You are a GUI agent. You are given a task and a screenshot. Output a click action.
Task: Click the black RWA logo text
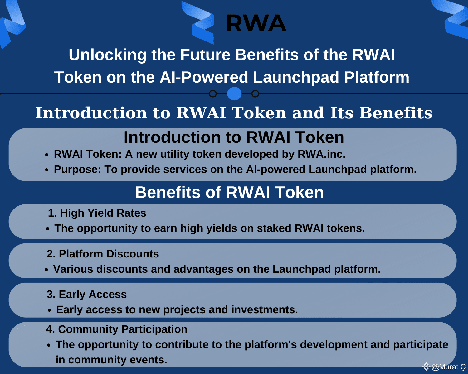point(256,23)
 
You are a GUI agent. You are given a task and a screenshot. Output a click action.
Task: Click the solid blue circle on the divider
point(234,94)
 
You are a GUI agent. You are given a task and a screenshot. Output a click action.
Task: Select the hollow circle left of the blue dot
point(213,94)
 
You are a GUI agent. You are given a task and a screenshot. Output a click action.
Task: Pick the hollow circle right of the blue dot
point(255,94)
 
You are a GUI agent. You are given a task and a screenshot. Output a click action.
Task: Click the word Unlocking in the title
point(107,55)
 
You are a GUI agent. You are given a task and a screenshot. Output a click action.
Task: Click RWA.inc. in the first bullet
point(321,154)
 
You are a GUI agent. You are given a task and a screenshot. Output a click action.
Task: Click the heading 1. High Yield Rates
point(97,213)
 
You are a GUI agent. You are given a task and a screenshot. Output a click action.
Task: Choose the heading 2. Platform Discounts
point(103,254)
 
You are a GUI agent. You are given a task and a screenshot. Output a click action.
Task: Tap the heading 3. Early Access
point(86,295)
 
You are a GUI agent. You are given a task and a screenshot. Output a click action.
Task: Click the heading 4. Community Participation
point(117,329)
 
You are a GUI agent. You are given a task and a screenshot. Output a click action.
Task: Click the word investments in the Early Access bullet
point(265,309)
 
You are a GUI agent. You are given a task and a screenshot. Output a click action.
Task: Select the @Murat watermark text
point(448,367)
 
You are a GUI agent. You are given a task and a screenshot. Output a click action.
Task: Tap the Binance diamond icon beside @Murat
point(426,367)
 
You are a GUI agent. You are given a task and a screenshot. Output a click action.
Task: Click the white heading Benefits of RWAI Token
point(229,192)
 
